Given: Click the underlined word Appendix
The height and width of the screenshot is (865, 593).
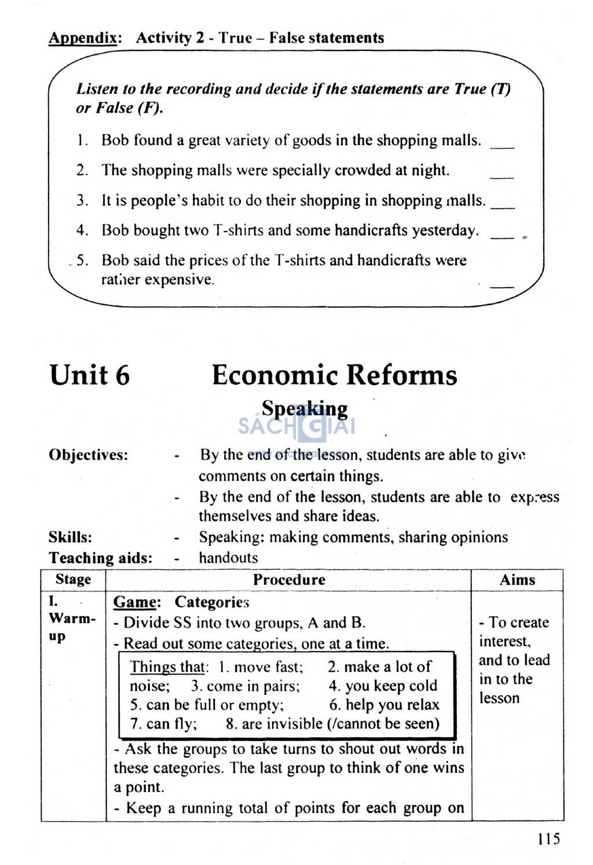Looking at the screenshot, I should click(85, 38).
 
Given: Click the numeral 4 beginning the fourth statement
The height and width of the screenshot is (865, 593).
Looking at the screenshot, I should click(82, 230).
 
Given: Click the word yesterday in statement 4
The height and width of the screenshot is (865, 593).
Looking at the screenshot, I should click(445, 230).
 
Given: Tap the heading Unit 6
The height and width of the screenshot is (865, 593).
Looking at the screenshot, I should click(90, 375).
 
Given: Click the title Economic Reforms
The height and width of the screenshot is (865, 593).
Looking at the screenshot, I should click(334, 375).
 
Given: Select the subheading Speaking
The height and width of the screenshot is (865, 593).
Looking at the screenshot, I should click(305, 408).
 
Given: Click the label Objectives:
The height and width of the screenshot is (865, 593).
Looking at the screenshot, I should click(89, 455).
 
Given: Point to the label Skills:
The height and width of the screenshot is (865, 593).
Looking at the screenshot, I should click(70, 537).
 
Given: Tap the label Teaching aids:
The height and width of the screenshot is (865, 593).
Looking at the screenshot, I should click(100, 558).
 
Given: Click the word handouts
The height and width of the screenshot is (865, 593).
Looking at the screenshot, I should click(228, 558).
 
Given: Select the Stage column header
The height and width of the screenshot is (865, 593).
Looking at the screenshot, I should click(73, 580).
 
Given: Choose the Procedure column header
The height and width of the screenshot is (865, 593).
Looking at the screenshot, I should click(289, 580).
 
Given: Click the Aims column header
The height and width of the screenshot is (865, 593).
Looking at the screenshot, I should click(517, 580).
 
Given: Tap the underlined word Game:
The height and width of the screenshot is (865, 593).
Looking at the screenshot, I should click(137, 602).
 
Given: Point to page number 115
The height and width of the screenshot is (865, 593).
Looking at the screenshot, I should click(548, 838).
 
